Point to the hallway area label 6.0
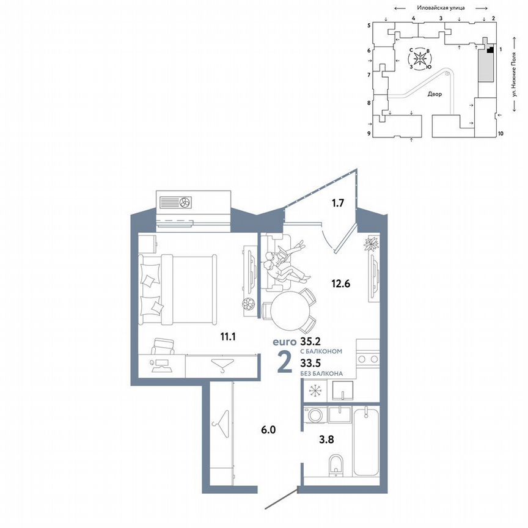269,430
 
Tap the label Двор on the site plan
435,94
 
